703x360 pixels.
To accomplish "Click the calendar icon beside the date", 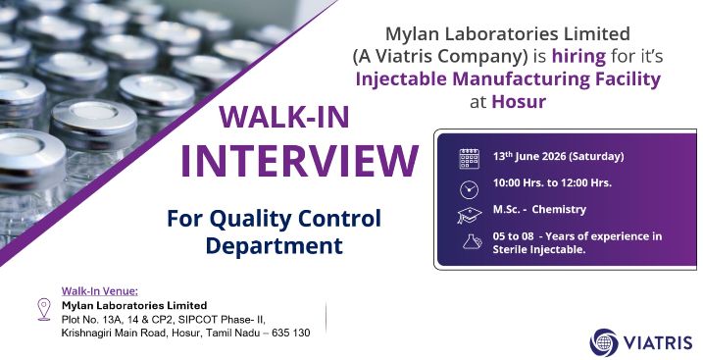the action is click(x=470, y=159).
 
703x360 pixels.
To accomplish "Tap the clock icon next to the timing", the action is click(x=470, y=189).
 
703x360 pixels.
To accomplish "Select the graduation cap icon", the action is click(x=470, y=215).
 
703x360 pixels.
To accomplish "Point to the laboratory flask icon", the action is click(x=472, y=242).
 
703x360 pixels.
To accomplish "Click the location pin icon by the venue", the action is click(x=44, y=309).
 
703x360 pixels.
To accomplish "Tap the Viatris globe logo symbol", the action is click(x=604, y=342).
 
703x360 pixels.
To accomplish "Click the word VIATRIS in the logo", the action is click(x=658, y=343).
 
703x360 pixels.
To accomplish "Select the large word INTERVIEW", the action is click(x=299, y=161).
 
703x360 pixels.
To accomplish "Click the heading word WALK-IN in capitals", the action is click(x=284, y=117).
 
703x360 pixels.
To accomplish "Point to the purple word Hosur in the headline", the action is click(x=519, y=101).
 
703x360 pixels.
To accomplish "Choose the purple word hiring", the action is click(x=578, y=57).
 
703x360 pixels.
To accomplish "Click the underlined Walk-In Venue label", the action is click(x=100, y=291).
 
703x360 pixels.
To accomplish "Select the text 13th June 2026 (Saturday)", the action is click(x=558, y=157).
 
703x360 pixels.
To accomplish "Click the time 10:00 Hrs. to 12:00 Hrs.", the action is click(x=552, y=182).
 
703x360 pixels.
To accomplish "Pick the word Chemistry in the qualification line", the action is click(x=559, y=209).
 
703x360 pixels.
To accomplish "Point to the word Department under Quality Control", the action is click(x=275, y=246).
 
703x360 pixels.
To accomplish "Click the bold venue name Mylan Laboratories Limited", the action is click(x=134, y=306).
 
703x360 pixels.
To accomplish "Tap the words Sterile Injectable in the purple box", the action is click(x=539, y=249).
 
